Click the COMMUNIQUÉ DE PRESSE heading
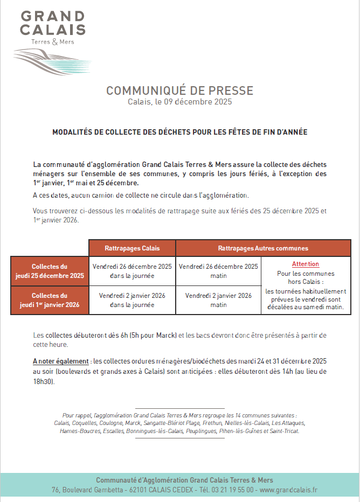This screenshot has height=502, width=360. (x=179, y=90)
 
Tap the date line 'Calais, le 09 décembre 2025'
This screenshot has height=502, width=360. (x=179, y=101)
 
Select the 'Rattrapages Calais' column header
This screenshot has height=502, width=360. (x=132, y=248)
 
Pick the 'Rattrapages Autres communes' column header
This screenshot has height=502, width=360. (x=263, y=248)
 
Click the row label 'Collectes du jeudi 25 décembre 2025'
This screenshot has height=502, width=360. (x=50, y=271)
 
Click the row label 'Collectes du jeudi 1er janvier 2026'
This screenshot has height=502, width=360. (x=50, y=300)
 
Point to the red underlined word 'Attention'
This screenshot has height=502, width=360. (x=306, y=264)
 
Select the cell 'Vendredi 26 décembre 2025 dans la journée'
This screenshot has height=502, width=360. (x=132, y=271)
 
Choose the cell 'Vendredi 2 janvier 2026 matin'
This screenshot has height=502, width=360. (x=218, y=300)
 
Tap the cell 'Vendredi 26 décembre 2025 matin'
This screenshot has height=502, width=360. (x=218, y=271)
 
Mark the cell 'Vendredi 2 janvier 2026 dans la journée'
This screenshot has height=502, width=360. (x=132, y=300)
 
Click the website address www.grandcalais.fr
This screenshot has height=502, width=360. (x=288, y=490)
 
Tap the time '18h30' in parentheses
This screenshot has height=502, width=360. (x=44, y=382)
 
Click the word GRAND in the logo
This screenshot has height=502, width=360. (x=53, y=16)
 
